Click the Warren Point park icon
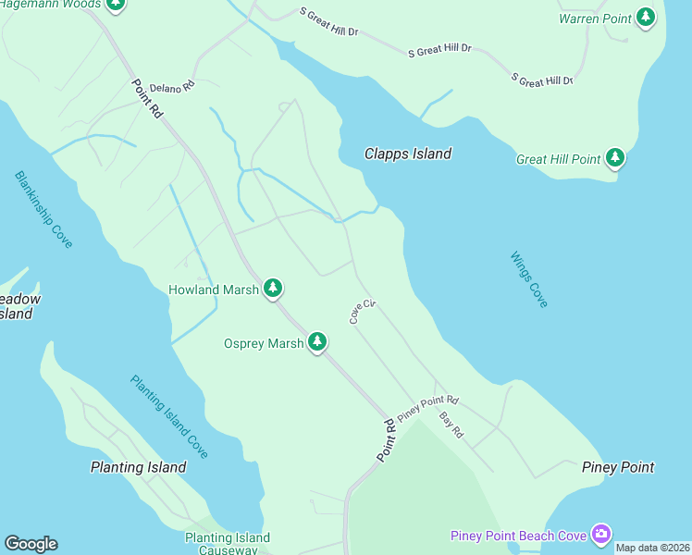pos(646,18)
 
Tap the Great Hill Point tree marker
pos(615,159)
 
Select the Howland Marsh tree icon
pos(272,290)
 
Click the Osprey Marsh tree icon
pos(317,343)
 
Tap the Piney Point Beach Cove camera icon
pos(602,535)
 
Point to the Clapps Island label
pos(408,154)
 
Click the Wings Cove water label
pos(529,279)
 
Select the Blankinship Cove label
pos(43,209)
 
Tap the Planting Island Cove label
pos(169,416)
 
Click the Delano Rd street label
pos(172,86)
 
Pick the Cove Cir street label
pos(362,311)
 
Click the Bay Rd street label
pos(451,425)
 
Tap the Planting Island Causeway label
pos(228,544)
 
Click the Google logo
pos(31,544)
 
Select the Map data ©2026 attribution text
pos(652,548)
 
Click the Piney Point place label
pos(618,467)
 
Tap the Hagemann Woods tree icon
pos(116,4)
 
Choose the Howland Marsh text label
pos(214,290)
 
